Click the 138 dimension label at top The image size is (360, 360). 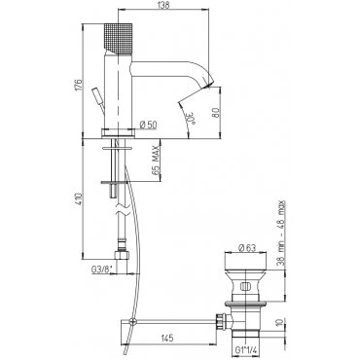tap(163, 5)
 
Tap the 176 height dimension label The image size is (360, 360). tap(79, 86)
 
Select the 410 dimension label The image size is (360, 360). tap(79, 199)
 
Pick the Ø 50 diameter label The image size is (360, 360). tap(148, 124)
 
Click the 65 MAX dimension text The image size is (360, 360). tap(156, 161)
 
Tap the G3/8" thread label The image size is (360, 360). tap(102, 270)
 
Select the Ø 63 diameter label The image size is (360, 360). tap(247, 248)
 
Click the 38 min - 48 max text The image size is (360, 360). tap(281, 233)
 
